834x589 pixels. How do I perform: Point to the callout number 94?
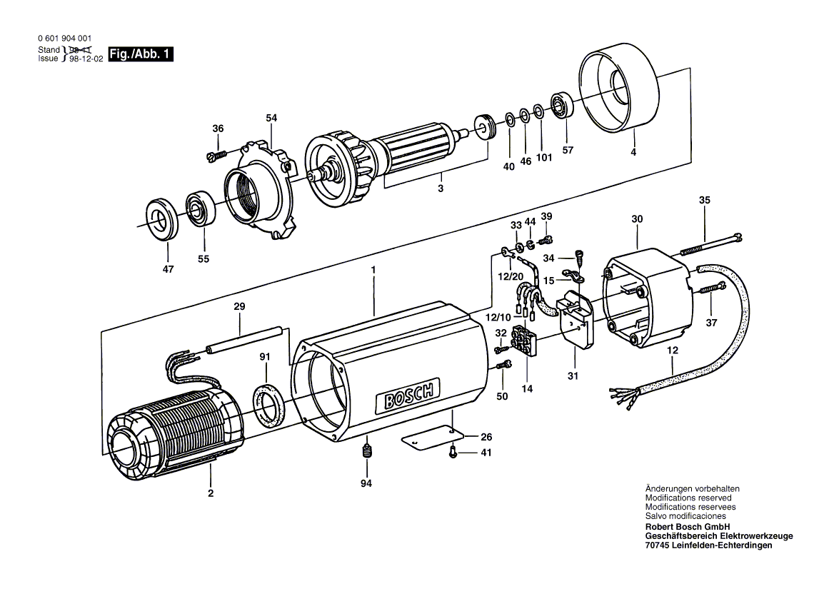pyautogui.click(x=367, y=483)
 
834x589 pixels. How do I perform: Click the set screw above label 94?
pyautogui.click(x=367, y=451)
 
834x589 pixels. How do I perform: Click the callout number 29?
pyautogui.click(x=239, y=306)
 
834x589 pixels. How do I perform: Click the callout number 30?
pyautogui.click(x=637, y=218)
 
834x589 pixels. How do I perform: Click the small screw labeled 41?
pyautogui.click(x=453, y=452)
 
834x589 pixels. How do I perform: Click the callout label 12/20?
pyautogui.click(x=511, y=276)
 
